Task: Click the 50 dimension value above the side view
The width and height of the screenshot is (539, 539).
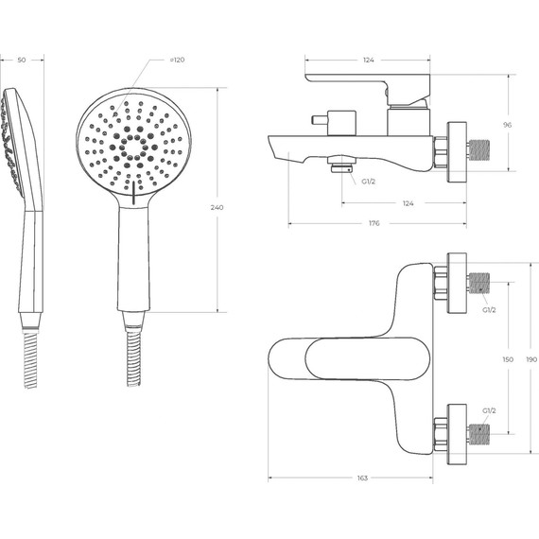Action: coord(22,60)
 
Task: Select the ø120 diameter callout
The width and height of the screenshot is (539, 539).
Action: coord(177,60)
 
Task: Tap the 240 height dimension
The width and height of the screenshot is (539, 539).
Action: coord(217,207)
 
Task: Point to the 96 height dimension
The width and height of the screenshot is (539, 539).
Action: coord(508,125)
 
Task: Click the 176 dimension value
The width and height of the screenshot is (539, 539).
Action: coord(374,223)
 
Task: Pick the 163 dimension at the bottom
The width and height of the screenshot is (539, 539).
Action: coord(362,478)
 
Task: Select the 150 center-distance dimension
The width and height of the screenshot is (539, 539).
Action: coord(508,359)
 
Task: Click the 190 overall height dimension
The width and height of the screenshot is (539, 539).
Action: coord(531,359)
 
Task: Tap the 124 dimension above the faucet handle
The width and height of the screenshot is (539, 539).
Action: coord(368,60)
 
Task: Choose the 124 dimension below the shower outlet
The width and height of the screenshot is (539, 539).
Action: coord(408,203)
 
